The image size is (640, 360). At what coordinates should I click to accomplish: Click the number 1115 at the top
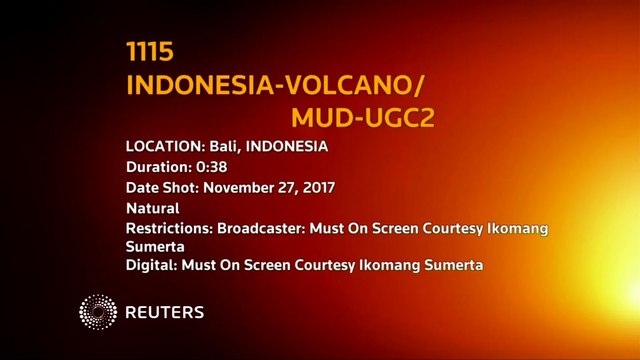pos(150,52)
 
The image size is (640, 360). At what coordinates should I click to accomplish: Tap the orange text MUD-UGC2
pos(362,118)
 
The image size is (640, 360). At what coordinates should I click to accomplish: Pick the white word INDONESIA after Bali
pos(288,147)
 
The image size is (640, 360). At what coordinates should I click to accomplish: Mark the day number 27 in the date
pos(296,188)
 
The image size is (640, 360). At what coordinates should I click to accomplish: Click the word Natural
pos(152,209)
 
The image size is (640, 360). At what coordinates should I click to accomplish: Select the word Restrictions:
pos(170,229)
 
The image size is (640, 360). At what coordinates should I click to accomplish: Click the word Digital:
pos(150,265)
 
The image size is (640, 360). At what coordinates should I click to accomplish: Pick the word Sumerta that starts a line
pos(156,246)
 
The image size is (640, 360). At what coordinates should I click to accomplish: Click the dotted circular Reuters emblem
pos(98,312)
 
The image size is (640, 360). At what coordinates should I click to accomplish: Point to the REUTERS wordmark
pos(165,313)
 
